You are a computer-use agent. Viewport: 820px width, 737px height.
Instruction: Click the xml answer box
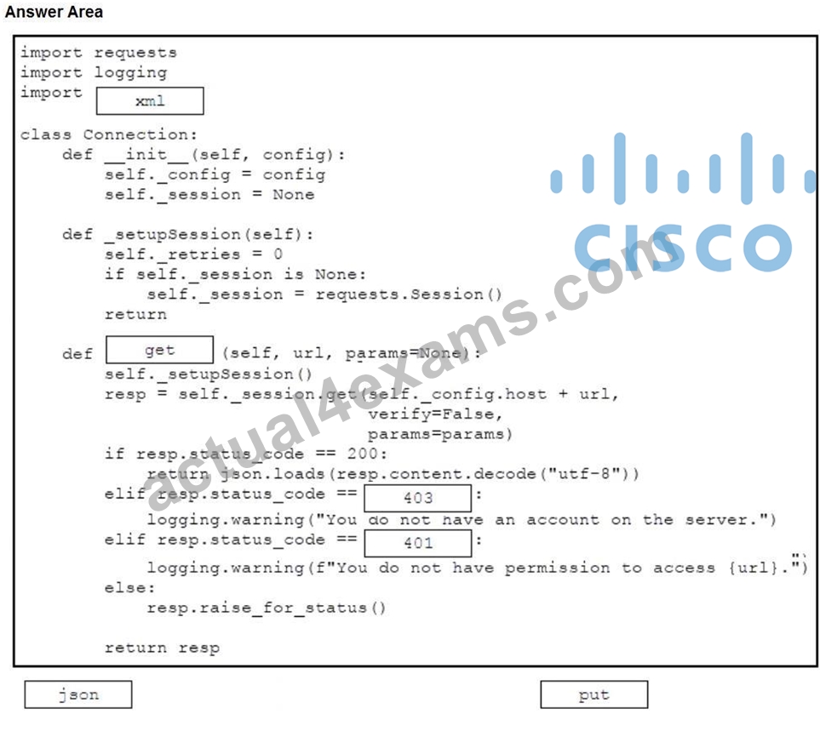(x=150, y=101)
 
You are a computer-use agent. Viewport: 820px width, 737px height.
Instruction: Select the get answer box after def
(x=159, y=350)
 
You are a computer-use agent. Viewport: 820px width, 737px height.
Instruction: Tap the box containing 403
(x=418, y=498)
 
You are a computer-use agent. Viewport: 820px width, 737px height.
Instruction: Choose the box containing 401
(x=418, y=543)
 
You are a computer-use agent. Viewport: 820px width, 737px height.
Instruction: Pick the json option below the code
(x=78, y=694)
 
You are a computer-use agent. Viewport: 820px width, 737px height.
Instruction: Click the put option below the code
(x=594, y=694)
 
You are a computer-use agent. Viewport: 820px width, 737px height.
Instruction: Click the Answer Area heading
(x=54, y=12)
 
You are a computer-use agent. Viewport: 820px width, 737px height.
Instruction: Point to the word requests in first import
(x=135, y=53)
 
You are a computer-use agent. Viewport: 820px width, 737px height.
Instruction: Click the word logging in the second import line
(x=131, y=72)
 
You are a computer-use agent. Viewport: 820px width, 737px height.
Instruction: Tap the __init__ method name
(x=146, y=155)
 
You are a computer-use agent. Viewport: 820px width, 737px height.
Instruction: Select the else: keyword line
(x=129, y=588)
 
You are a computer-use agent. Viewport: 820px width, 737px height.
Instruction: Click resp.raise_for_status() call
(x=267, y=608)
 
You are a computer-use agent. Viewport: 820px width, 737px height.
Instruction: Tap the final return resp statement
(x=162, y=648)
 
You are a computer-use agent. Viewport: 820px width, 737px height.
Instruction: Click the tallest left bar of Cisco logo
(x=620, y=169)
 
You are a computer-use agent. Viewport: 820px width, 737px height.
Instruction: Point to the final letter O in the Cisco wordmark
(x=766, y=248)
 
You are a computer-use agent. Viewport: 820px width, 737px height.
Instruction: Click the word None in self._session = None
(x=294, y=194)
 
